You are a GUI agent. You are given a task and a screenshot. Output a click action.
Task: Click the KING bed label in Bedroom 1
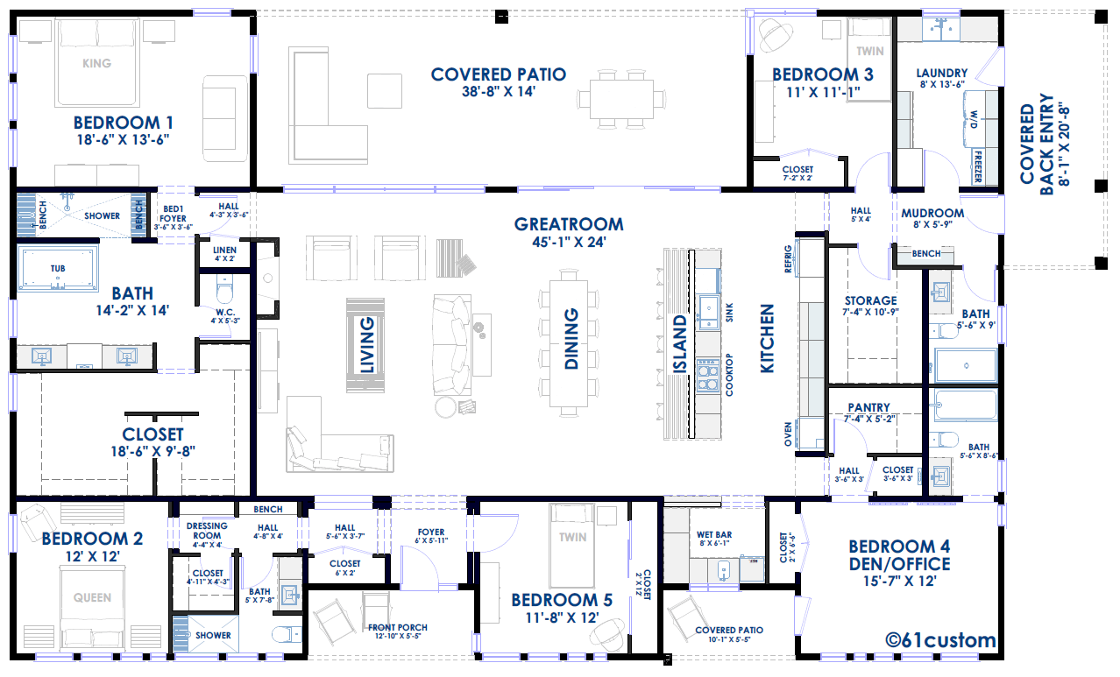tap(97, 63)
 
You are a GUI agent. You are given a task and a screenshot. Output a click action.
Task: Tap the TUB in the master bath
tap(58, 269)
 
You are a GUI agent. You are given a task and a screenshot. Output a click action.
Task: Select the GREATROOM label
tap(569, 224)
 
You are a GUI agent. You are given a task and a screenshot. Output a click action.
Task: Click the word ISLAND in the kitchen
tap(680, 343)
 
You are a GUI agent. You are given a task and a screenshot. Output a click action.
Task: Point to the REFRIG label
tap(788, 259)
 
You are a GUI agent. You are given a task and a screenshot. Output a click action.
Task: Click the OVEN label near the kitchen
tap(788, 434)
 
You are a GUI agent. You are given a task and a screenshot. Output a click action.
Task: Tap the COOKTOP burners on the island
tap(708, 374)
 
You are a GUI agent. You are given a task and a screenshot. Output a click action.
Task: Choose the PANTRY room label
tap(869, 407)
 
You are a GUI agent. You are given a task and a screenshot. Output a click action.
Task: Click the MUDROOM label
tap(932, 214)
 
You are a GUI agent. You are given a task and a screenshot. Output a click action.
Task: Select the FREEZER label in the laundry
tap(978, 166)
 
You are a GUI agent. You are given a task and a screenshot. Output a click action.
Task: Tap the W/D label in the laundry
tap(974, 119)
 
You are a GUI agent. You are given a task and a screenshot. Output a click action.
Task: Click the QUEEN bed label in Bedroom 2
tap(93, 597)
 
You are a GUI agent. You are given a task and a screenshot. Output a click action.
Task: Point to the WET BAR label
tap(714, 534)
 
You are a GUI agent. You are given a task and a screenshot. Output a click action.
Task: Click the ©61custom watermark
tap(940, 640)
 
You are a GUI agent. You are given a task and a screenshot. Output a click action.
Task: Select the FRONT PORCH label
tap(398, 628)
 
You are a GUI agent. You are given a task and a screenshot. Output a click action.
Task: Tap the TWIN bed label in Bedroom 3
tap(870, 51)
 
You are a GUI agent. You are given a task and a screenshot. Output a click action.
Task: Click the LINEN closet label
tap(224, 250)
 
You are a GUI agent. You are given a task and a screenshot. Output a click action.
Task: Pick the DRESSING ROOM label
tap(207, 531)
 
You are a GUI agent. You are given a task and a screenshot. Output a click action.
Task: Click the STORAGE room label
tap(870, 300)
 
